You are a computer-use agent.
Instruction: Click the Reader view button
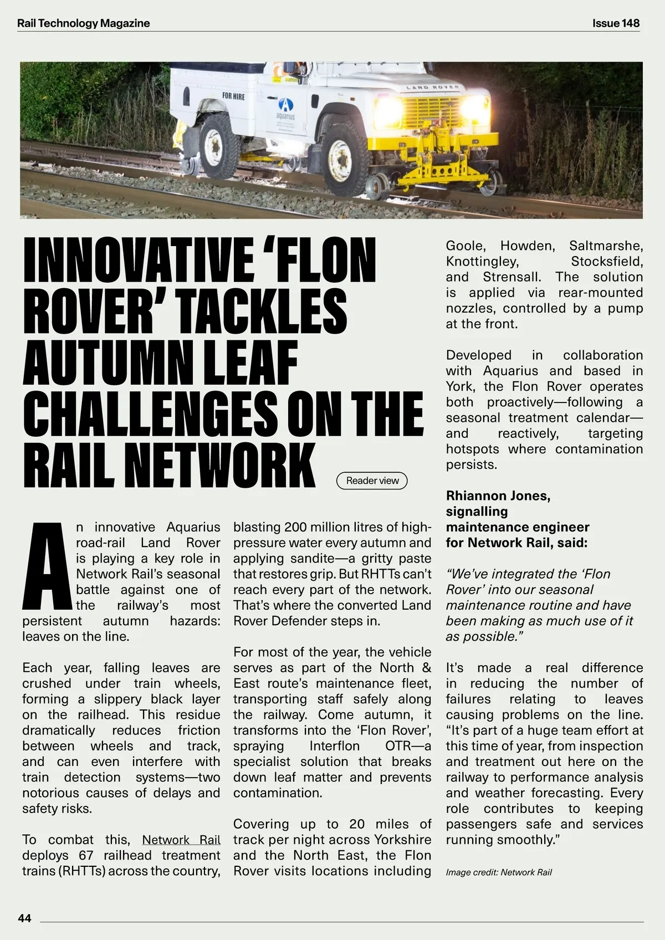click(372, 481)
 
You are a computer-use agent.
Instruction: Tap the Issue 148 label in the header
click(616, 23)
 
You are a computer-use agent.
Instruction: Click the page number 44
click(25, 918)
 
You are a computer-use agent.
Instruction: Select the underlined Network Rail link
click(181, 840)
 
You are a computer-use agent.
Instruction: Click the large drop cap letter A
click(47, 566)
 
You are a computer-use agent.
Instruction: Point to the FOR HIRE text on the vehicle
click(233, 96)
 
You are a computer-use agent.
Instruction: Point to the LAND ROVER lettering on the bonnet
click(432, 88)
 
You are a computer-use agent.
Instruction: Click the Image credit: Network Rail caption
click(499, 872)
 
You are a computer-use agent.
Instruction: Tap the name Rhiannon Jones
click(498, 495)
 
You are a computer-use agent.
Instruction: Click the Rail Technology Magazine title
click(84, 23)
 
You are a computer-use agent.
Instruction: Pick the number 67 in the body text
click(85, 855)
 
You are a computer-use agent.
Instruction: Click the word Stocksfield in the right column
click(607, 261)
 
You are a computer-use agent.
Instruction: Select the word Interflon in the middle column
click(334, 745)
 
